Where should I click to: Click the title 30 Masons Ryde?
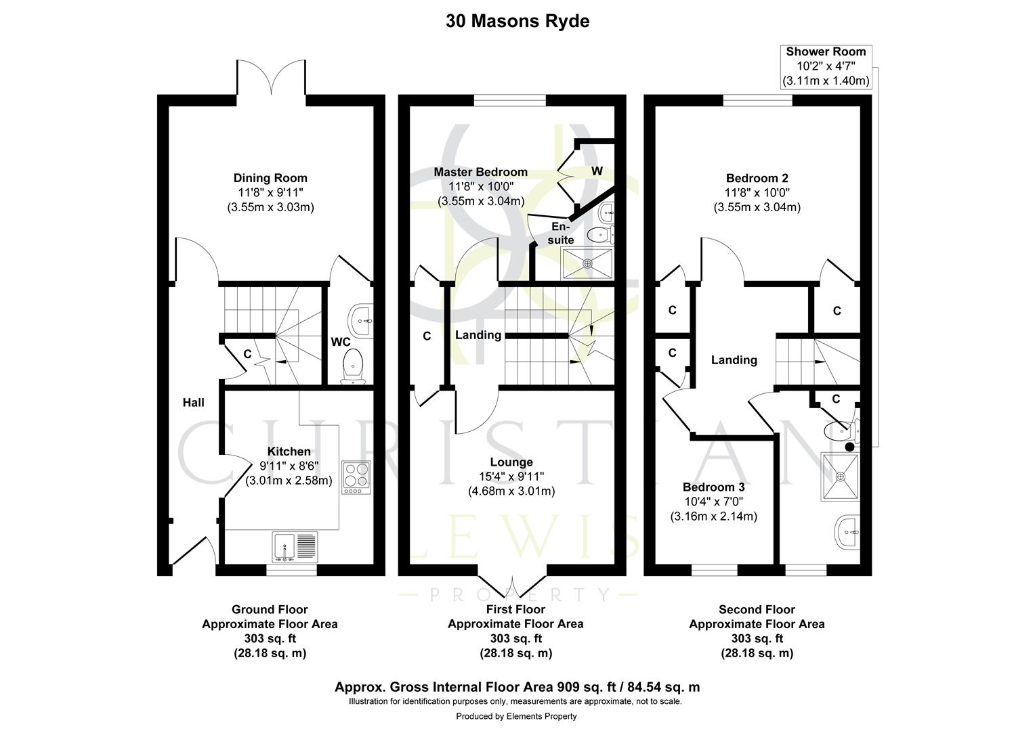coord(517,21)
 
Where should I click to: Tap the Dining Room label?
coord(270,178)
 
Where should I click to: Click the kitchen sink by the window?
coord(295,547)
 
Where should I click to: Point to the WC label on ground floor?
coord(340,342)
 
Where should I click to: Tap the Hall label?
coord(193,403)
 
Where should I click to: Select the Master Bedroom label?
coord(480,172)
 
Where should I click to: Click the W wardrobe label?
coord(597,171)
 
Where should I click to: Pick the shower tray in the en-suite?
coord(588,263)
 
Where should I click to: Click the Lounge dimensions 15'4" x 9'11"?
coord(511,477)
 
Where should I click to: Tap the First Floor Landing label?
coord(478,335)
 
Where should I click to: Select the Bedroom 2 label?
coord(757,179)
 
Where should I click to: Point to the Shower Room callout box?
coord(825,66)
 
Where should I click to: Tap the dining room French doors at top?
coord(272,78)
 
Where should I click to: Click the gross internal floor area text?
coord(517,687)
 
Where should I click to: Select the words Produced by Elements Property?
coord(516,716)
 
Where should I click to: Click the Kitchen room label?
coord(289,451)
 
